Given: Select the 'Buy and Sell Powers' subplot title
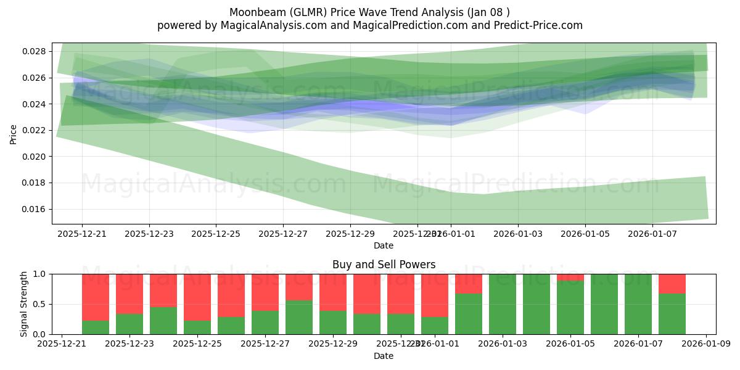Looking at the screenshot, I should (x=384, y=265).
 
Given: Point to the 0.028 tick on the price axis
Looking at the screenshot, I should (x=35, y=51).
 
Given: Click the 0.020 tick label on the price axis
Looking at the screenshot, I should (x=35, y=157).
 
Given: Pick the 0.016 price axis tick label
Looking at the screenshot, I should (x=35, y=209).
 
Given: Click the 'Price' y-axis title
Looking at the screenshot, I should (x=14, y=133).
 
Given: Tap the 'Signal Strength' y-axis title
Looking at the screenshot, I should (x=23, y=304).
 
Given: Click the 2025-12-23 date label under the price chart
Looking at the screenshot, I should (x=149, y=234).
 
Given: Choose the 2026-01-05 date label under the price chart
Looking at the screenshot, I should (x=585, y=234).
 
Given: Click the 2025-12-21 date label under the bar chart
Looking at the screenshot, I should (x=62, y=344).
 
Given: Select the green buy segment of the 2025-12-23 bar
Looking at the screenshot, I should (x=129, y=324).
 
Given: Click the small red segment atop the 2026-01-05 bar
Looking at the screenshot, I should (x=570, y=277).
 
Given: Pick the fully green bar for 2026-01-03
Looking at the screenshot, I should (x=503, y=304).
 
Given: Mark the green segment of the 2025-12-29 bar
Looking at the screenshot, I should (x=333, y=322).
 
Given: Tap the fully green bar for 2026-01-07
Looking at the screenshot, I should (x=638, y=304).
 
